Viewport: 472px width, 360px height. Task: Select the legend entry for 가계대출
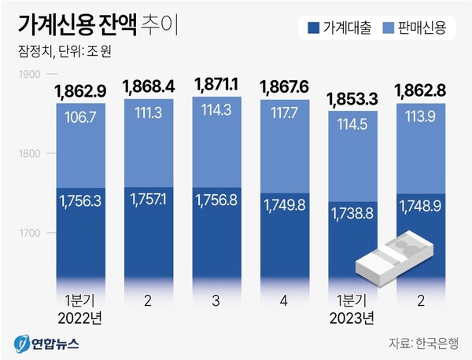341,28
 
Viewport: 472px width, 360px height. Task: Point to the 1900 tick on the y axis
29,75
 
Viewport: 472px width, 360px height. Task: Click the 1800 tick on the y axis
29,154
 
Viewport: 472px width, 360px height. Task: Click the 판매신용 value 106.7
83,117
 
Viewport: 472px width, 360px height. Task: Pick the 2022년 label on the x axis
83,317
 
